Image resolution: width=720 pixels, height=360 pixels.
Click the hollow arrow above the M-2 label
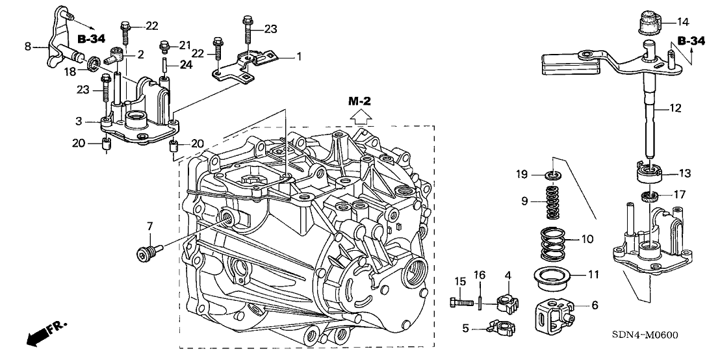pyautogui.click(x=361, y=118)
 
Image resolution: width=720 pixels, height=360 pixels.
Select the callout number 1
pyautogui.click(x=299, y=57)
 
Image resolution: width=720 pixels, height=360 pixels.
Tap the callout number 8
pyautogui.click(x=27, y=47)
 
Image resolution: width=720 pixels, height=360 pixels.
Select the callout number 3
pyautogui.click(x=77, y=122)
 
